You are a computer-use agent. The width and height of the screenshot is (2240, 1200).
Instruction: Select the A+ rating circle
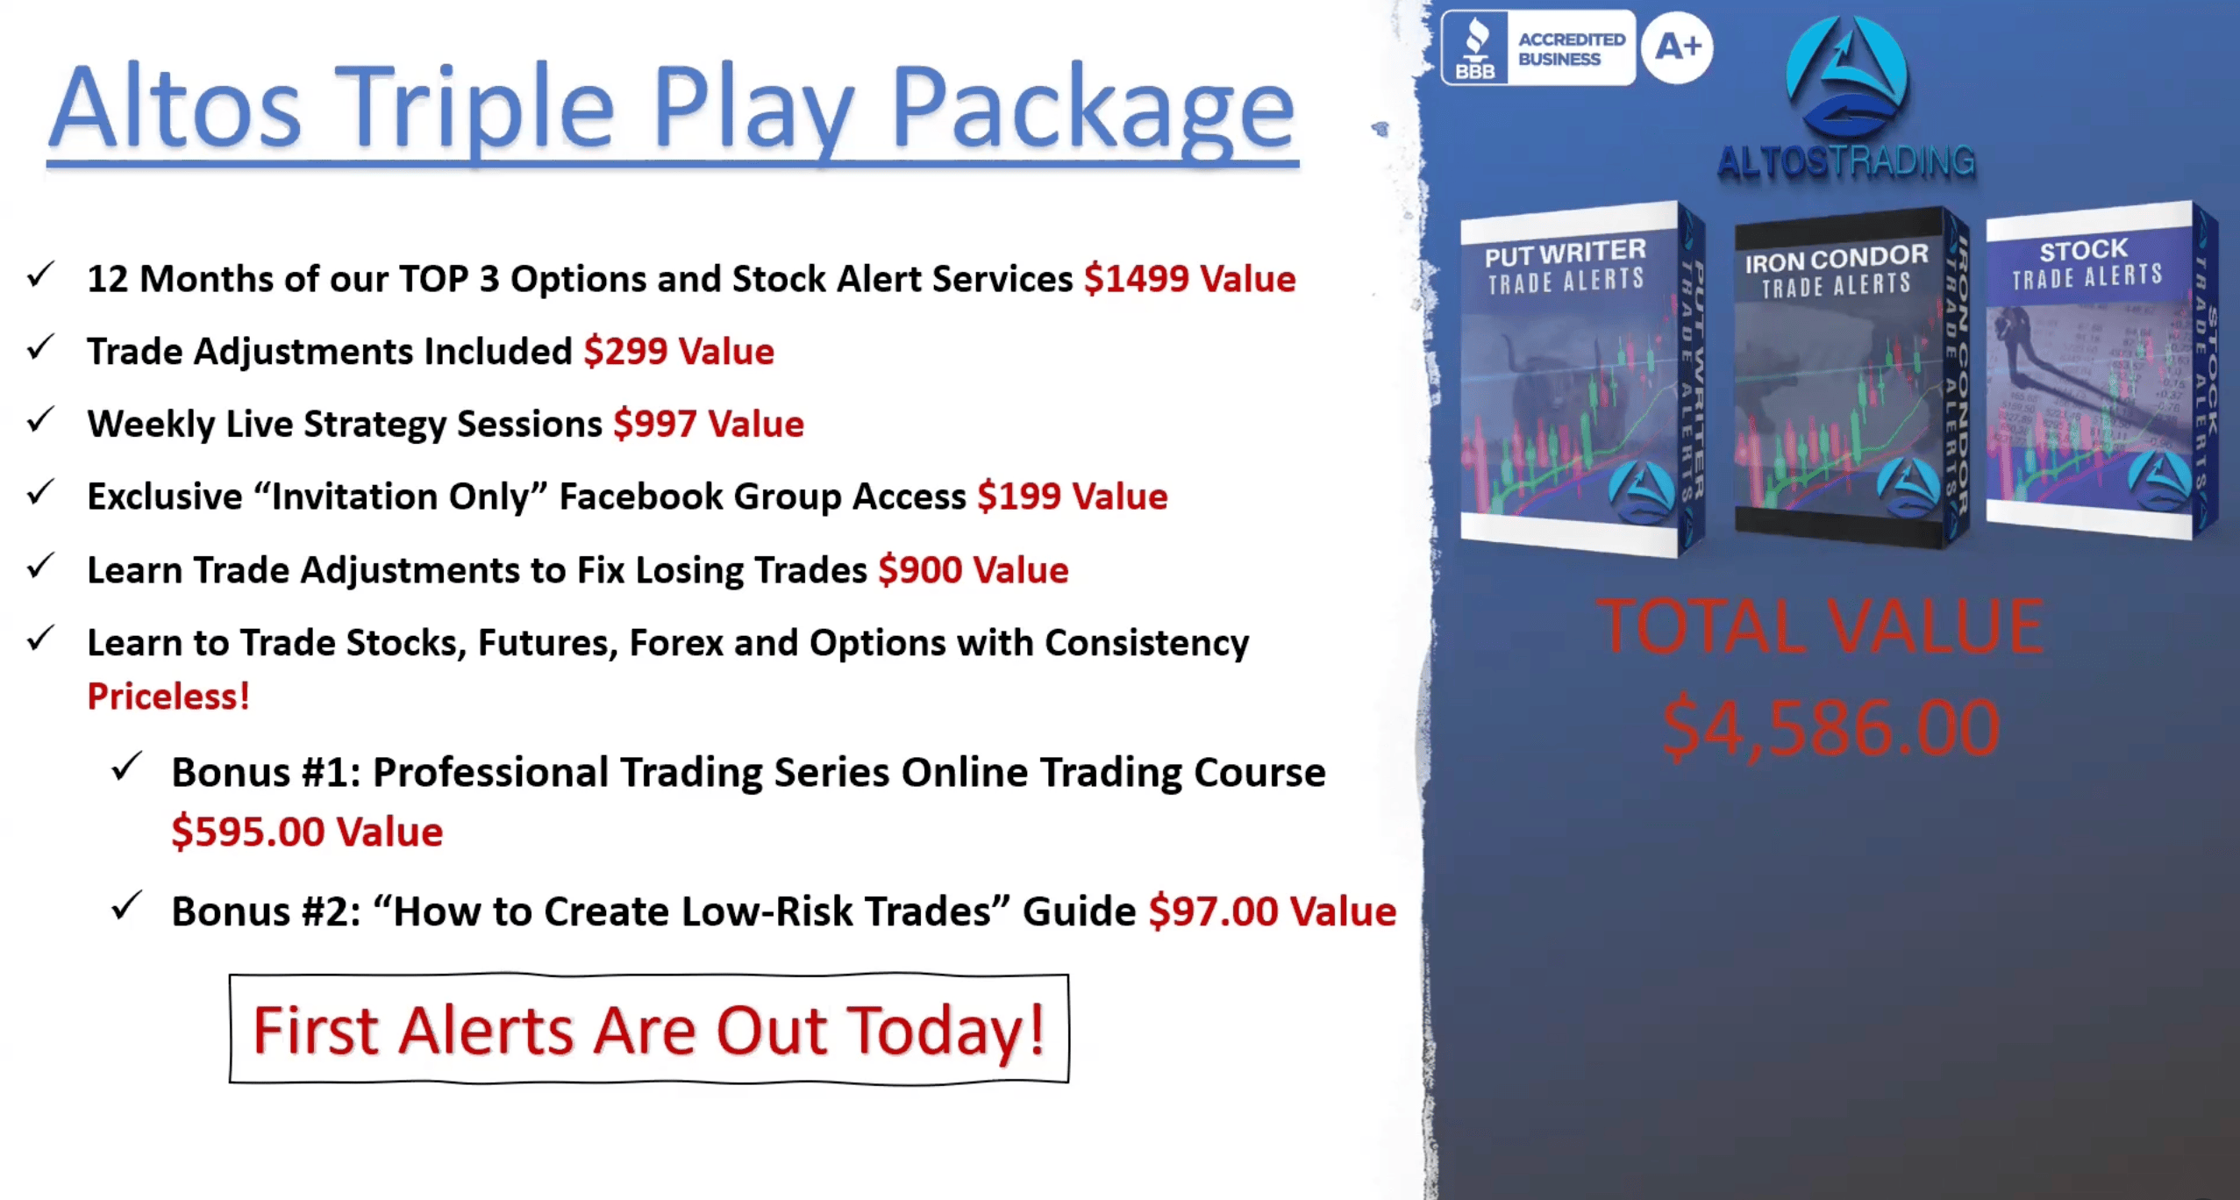pyautogui.click(x=1677, y=47)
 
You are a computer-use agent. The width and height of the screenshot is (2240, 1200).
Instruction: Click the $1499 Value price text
pyautogui.click(x=1189, y=279)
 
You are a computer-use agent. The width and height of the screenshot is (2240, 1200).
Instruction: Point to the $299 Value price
pyautogui.click(x=679, y=352)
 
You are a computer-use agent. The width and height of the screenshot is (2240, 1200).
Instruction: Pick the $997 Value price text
pyautogui.click(x=709, y=425)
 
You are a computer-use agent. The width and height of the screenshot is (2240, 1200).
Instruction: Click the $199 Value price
pyautogui.click(x=1073, y=497)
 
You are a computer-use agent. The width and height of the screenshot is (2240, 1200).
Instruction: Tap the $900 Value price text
pyautogui.click(x=974, y=570)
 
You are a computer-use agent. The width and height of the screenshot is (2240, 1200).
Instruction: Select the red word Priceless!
pyautogui.click(x=168, y=696)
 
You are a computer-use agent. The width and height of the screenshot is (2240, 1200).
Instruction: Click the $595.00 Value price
pyautogui.click(x=307, y=832)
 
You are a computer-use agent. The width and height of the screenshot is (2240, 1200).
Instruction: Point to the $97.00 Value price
pyautogui.click(x=1273, y=911)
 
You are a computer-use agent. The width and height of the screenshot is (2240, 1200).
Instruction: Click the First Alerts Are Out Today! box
pyautogui.click(x=649, y=1029)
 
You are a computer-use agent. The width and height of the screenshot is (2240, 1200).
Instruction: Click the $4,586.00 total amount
pyautogui.click(x=1830, y=727)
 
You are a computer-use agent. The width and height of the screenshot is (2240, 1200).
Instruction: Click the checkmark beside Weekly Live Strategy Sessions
pyautogui.click(x=41, y=420)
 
